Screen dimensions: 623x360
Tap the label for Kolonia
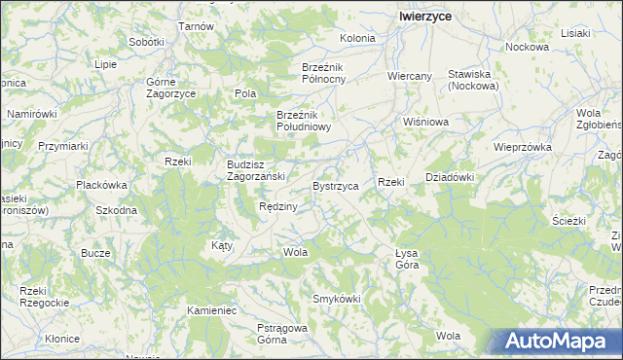tap(357, 39)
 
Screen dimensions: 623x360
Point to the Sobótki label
tap(146, 43)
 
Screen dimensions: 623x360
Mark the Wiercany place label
tap(409, 75)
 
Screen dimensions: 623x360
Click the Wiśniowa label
tap(425, 123)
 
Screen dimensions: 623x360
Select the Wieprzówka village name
tap(523, 148)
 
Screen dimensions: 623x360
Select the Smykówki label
tap(336, 298)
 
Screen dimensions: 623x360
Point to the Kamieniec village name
tap(212, 310)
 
